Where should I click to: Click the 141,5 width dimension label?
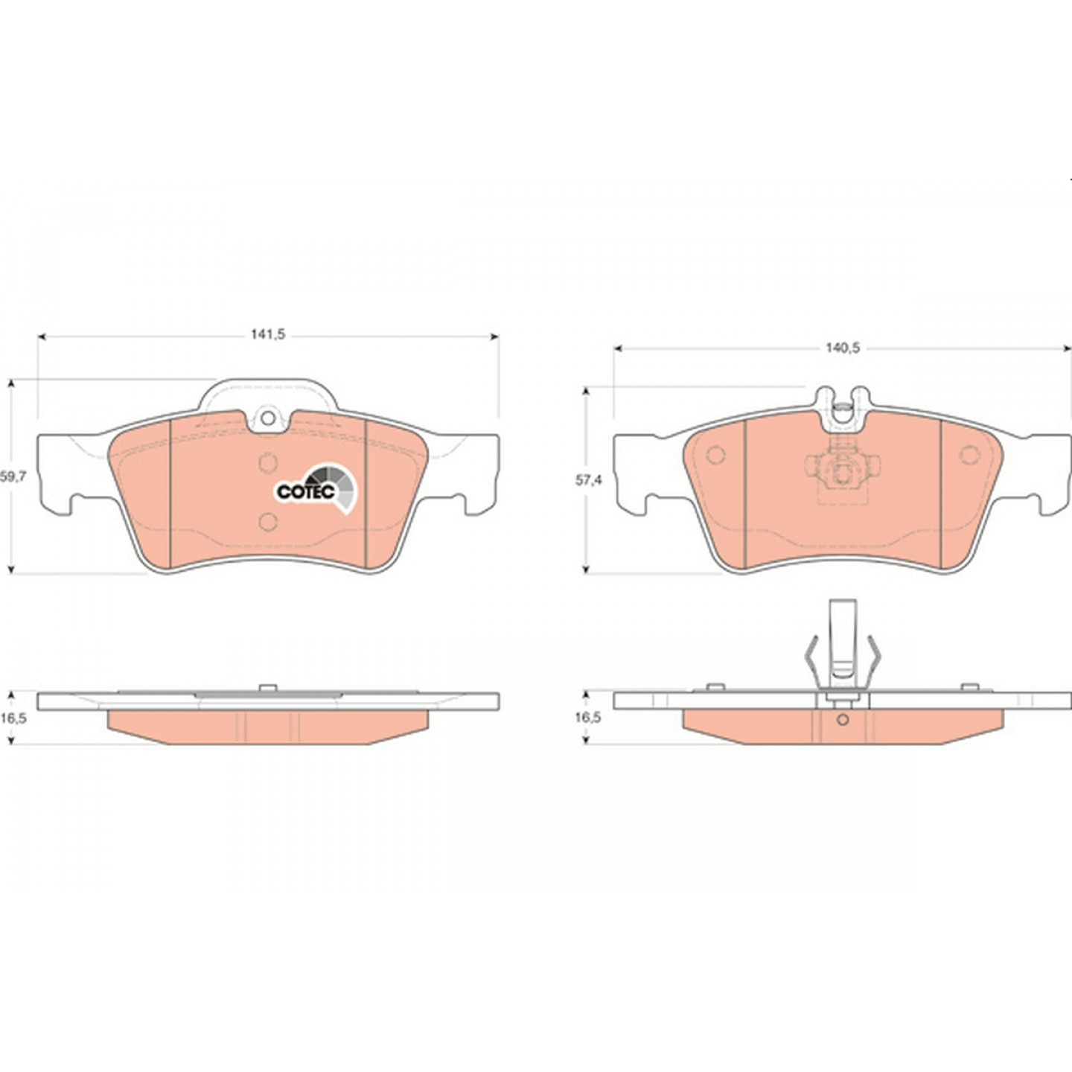[x=267, y=334]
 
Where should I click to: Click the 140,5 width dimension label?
[x=843, y=348]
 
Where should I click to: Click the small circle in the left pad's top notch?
[x=268, y=418]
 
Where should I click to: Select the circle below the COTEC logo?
[x=268, y=521]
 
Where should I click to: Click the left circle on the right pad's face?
[x=715, y=455]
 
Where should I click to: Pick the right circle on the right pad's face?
[x=970, y=455]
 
